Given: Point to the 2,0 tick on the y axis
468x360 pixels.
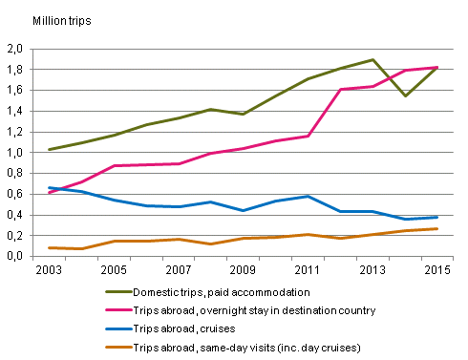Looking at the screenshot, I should pos(16,49).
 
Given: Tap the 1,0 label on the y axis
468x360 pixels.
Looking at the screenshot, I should pos(16,153).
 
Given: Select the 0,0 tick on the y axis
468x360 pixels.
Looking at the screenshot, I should pos(16,256).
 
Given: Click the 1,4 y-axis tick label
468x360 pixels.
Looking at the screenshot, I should pos(16,111).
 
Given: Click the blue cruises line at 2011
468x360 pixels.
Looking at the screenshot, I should pos(308,196).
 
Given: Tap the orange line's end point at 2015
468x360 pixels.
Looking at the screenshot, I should pos(437,228).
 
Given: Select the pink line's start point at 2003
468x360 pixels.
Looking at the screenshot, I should pos(48,193).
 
